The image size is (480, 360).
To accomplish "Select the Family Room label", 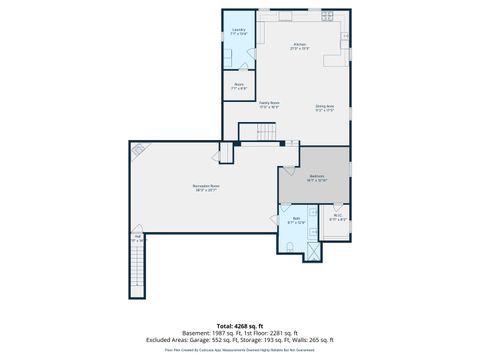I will [x=269, y=104].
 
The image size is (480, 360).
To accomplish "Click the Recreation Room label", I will [x=207, y=188].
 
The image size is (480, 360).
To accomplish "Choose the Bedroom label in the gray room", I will [x=316, y=178].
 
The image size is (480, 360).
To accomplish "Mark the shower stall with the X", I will [x=314, y=250].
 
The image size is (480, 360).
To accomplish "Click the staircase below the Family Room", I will [x=264, y=131].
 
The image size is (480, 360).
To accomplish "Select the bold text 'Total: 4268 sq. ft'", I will [x=240, y=325].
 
